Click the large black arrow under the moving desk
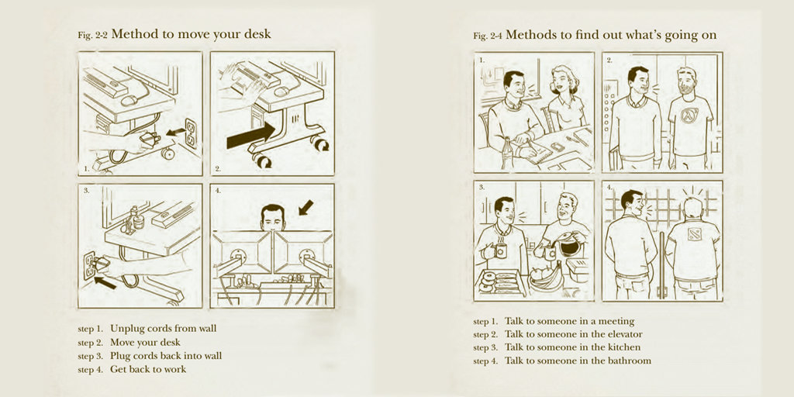click(x=250, y=136)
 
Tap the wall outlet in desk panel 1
click(x=191, y=133)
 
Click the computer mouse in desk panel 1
click(x=129, y=100)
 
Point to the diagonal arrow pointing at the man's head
click(x=306, y=208)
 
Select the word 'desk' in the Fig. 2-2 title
click(x=257, y=34)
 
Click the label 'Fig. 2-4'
click(x=487, y=36)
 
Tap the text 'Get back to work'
click(x=148, y=369)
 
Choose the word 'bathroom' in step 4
click(x=630, y=361)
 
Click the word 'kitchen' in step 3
click(x=624, y=347)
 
